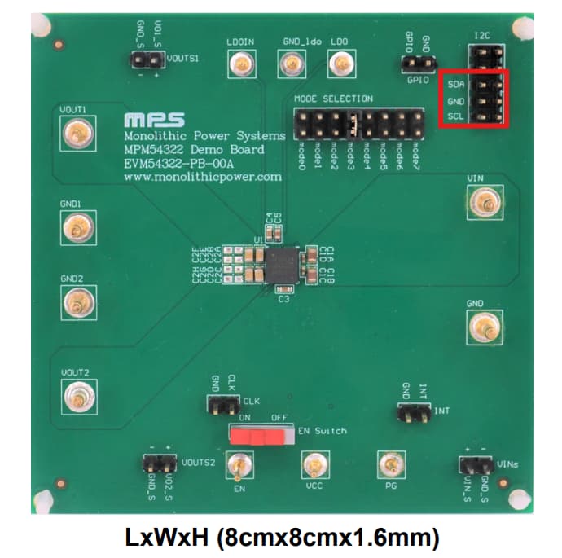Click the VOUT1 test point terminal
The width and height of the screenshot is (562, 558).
pyautogui.click(x=77, y=132)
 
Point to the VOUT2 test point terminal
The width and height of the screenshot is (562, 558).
pyautogui.click(x=77, y=397)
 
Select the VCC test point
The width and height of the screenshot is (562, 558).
pyautogui.click(x=312, y=466)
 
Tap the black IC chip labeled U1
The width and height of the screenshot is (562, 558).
pyautogui.click(x=282, y=264)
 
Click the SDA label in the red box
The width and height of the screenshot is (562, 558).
pyautogui.click(x=456, y=84)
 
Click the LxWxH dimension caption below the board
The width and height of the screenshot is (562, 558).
pyautogui.click(x=281, y=537)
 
